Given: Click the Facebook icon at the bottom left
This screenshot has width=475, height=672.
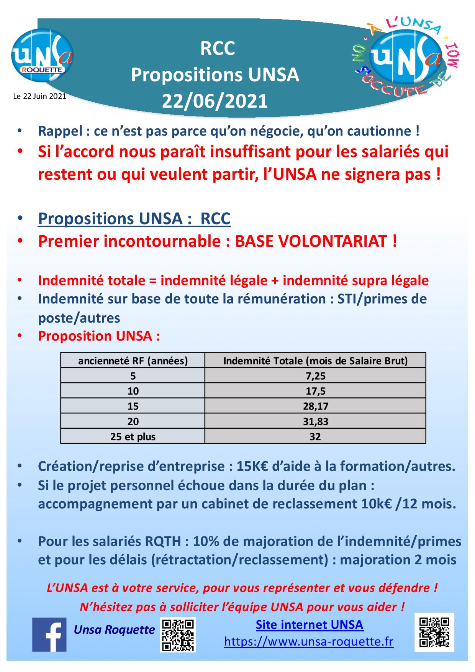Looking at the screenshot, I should pos(49,634).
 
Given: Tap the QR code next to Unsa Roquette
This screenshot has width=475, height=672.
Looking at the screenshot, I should pos(178,634).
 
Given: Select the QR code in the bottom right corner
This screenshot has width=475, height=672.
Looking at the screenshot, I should pos(434,632).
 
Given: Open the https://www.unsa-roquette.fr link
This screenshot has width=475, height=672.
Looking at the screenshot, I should pos(309,641).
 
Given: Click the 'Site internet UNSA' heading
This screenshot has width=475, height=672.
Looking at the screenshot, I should pos(310,625).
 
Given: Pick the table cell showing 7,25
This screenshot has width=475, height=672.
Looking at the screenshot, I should pos(315,376).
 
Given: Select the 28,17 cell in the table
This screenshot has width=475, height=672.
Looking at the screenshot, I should pos(315,406).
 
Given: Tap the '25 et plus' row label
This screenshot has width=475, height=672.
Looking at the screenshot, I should pos(133,436).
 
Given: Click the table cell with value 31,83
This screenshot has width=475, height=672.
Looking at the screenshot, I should pos(315,421).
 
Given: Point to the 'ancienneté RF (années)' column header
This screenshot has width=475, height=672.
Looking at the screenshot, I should pos(133,361).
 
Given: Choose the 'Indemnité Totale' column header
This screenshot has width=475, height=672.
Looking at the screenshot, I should pos(315,361).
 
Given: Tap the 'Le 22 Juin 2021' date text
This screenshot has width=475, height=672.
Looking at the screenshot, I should pos(39,96).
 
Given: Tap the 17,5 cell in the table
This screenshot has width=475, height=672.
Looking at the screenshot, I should pos(315,391).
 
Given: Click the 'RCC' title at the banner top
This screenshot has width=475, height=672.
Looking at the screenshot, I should pos(218,49).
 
